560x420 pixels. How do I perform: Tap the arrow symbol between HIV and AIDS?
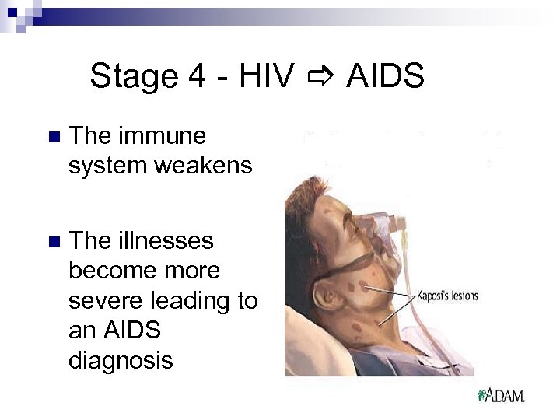[x=320, y=77]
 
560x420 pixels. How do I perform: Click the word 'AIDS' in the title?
[x=385, y=76]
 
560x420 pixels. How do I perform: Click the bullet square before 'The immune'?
[x=53, y=138]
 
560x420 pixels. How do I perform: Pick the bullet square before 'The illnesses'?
[x=53, y=242]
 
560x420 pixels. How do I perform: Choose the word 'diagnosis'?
[x=121, y=360]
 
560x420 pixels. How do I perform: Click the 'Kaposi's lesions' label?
[x=447, y=296]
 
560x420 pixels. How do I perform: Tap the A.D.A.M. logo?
[x=502, y=395]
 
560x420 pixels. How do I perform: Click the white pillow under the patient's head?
[x=299, y=342]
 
